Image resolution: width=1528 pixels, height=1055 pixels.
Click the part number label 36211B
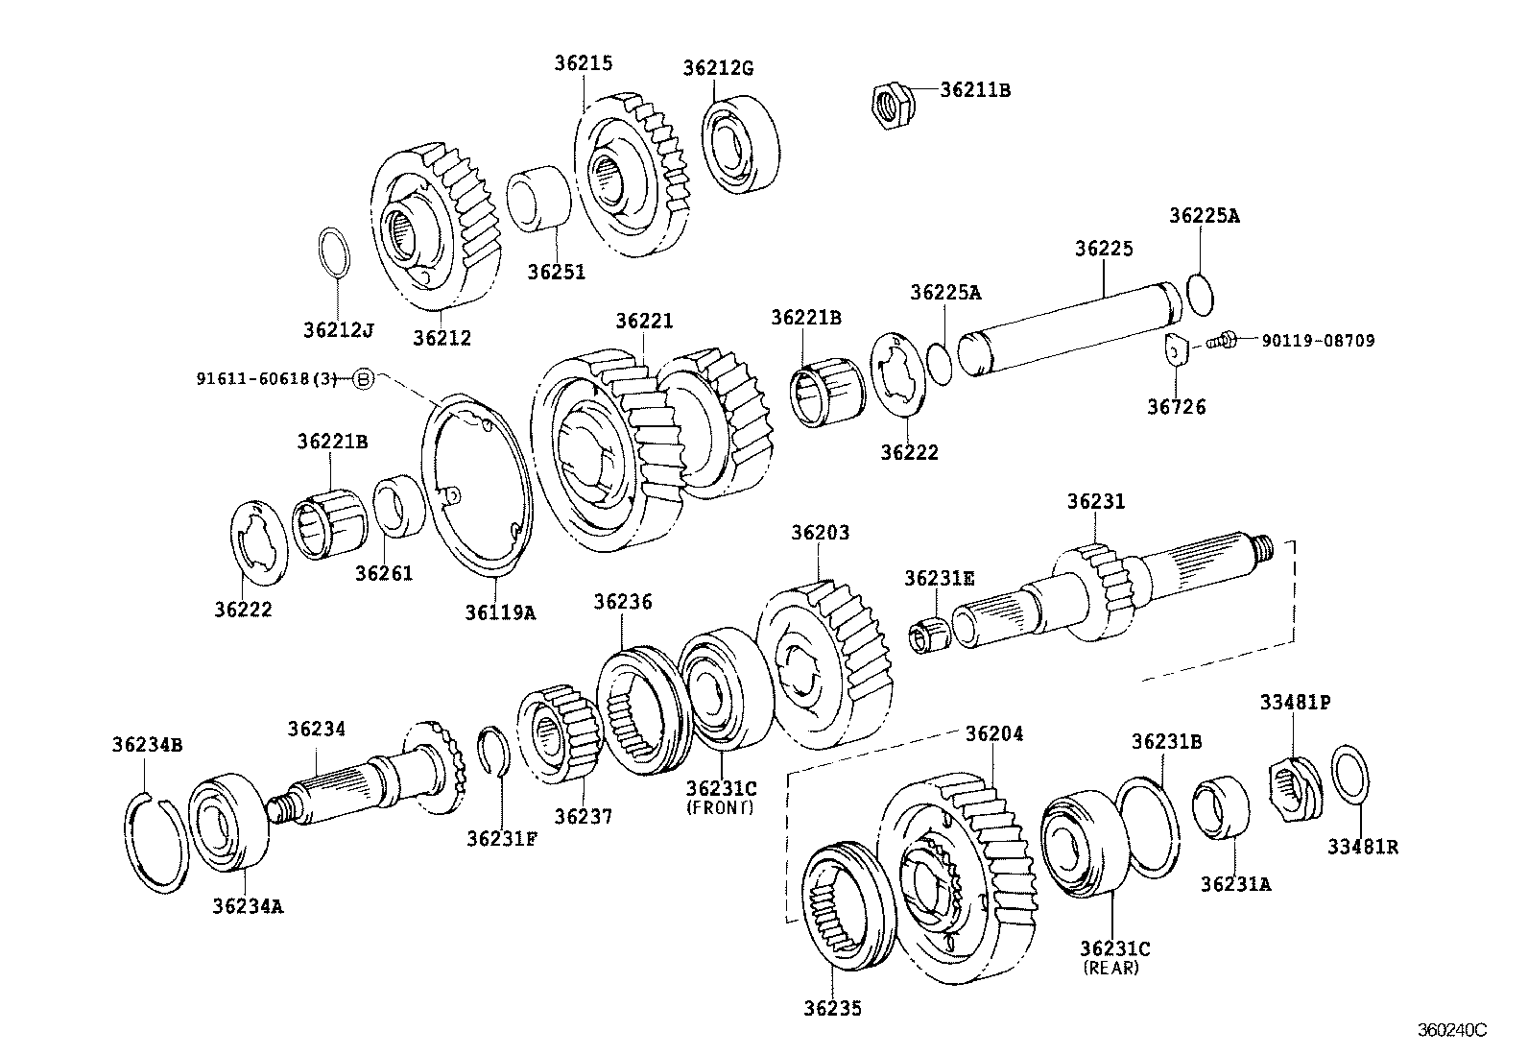pos(974,90)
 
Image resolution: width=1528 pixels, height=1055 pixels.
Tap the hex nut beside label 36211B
pos(893,103)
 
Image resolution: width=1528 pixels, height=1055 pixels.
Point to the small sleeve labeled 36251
pos(538,200)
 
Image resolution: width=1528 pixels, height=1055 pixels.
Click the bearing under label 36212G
pos(740,142)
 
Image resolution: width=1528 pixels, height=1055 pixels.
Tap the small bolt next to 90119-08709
pos(1222,339)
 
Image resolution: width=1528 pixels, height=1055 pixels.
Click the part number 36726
pos(1176,406)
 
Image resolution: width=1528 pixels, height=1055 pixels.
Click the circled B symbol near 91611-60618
pos(363,379)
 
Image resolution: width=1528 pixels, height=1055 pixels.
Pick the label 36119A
pos(500,611)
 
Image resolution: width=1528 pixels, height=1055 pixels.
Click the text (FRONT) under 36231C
pos(720,807)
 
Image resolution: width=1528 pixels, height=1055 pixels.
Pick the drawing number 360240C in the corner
pos(1451,1030)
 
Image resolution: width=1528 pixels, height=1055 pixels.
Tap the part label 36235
pos(832,1008)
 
